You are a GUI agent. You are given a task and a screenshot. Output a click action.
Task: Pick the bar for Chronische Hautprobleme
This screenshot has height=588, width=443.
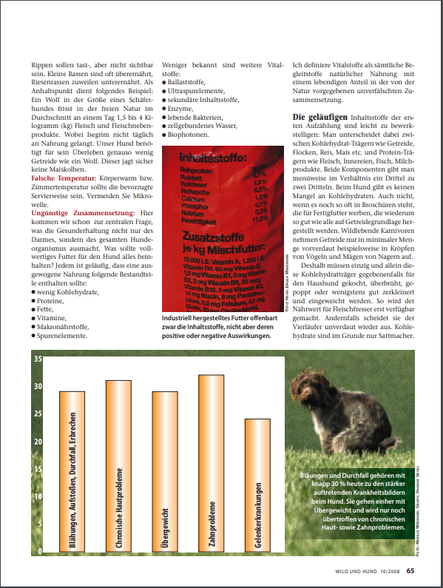[119, 466]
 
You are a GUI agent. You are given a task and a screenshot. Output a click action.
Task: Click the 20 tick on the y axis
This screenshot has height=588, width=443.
[37, 442]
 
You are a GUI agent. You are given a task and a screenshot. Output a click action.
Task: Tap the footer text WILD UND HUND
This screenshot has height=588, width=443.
[356, 570]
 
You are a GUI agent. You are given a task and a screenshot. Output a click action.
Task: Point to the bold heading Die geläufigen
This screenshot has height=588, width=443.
[317, 118]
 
